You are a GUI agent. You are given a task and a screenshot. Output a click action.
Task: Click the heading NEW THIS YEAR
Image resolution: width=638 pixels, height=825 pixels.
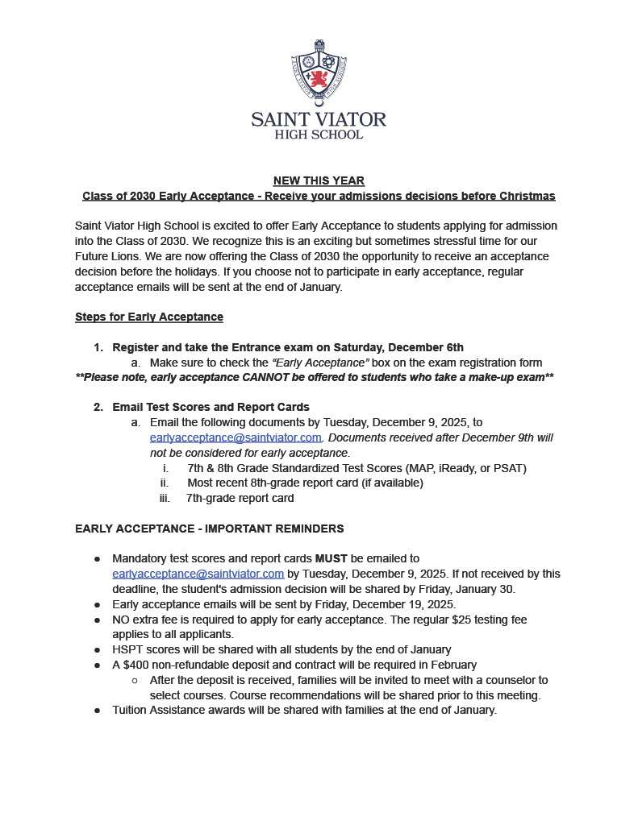[319, 180]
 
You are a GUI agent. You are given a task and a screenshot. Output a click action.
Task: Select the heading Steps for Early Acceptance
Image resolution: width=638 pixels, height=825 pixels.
[148, 317]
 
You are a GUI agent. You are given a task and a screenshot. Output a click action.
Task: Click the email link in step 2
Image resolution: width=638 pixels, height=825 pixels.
[236, 437]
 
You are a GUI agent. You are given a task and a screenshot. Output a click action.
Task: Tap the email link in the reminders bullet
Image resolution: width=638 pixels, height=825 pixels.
[198, 574]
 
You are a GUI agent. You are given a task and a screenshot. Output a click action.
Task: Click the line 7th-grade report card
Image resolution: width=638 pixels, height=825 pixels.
[240, 498]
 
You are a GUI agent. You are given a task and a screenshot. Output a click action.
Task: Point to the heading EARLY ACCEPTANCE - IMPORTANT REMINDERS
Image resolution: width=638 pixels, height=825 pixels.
[209, 529]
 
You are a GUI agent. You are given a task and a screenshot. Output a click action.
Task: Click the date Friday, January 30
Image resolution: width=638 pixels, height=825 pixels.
[469, 589]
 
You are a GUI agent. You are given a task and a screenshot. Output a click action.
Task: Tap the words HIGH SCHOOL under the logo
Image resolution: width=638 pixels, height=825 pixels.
[319, 135]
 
